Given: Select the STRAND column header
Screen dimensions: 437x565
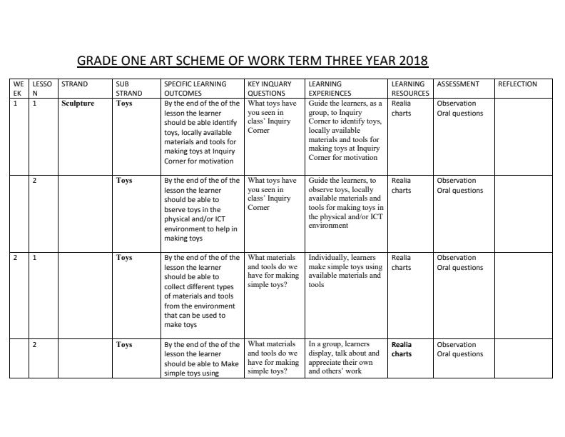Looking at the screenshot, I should click(x=74, y=84).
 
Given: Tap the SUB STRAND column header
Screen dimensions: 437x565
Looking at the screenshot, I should click(x=128, y=89).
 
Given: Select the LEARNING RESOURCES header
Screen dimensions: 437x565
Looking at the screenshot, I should click(x=410, y=89).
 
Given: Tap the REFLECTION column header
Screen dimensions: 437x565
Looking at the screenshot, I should click(x=517, y=84).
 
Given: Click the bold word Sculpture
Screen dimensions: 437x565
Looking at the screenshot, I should click(x=78, y=104).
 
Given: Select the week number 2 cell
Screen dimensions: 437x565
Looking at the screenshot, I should click(x=16, y=258).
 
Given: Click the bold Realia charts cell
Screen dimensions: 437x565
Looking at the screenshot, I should click(x=402, y=349).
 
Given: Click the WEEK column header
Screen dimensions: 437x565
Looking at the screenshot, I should click(x=18, y=89).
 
